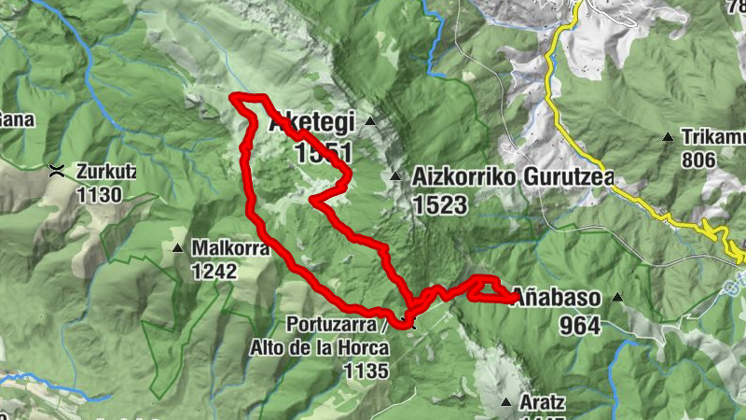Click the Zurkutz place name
coord(107,172)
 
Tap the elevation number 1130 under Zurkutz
coord(101,194)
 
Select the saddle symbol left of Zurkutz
coord(57,170)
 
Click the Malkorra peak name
coord(230,249)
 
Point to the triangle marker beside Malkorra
coord(177,248)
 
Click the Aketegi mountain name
coord(311,123)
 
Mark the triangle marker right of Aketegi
coord(370,122)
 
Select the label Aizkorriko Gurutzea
coord(475,177)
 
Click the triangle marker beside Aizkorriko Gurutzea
coord(394,175)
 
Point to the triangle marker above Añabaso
coord(616,298)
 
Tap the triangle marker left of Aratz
coord(506,403)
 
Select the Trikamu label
coord(712,138)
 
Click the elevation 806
coord(698,161)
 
